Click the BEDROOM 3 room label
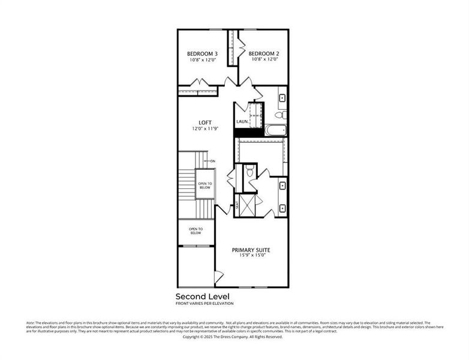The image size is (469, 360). pyautogui.click(x=203, y=54)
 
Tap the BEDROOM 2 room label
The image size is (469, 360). pyautogui.click(x=264, y=53)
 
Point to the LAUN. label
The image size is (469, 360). pyautogui.click(x=242, y=122)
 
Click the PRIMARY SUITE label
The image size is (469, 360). pyautogui.click(x=251, y=250)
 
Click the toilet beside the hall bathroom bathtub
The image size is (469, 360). pyautogui.click(x=280, y=114)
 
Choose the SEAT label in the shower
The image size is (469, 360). pyautogui.click(x=237, y=205)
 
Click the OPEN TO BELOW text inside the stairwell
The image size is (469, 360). pyautogui.click(x=205, y=186)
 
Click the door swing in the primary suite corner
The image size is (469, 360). pyautogui.click(x=220, y=277)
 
